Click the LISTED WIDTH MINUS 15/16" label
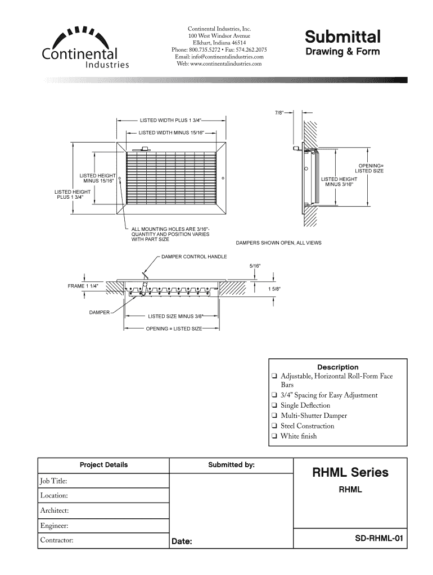(170, 133)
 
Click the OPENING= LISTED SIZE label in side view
(369, 168)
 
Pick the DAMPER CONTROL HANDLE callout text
(194, 257)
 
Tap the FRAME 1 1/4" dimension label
(83, 286)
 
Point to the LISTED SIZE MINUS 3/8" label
(175, 316)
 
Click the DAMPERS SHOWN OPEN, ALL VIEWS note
(282, 243)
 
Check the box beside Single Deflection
(273, 405)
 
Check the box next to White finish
(273, 436)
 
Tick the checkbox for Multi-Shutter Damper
(273, 416)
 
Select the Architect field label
(54, 510)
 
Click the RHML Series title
(350, 472)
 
